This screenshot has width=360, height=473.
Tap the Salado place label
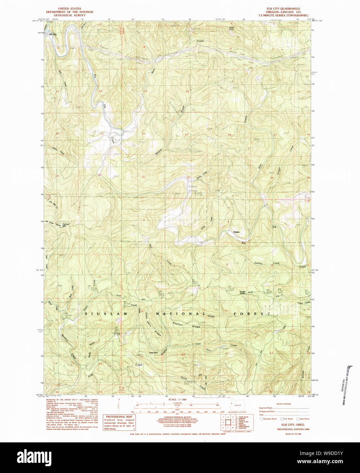pyautogui.click(x=237, y=232)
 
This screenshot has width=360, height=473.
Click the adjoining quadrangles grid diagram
pyautogui.click(x=226, y=421)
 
